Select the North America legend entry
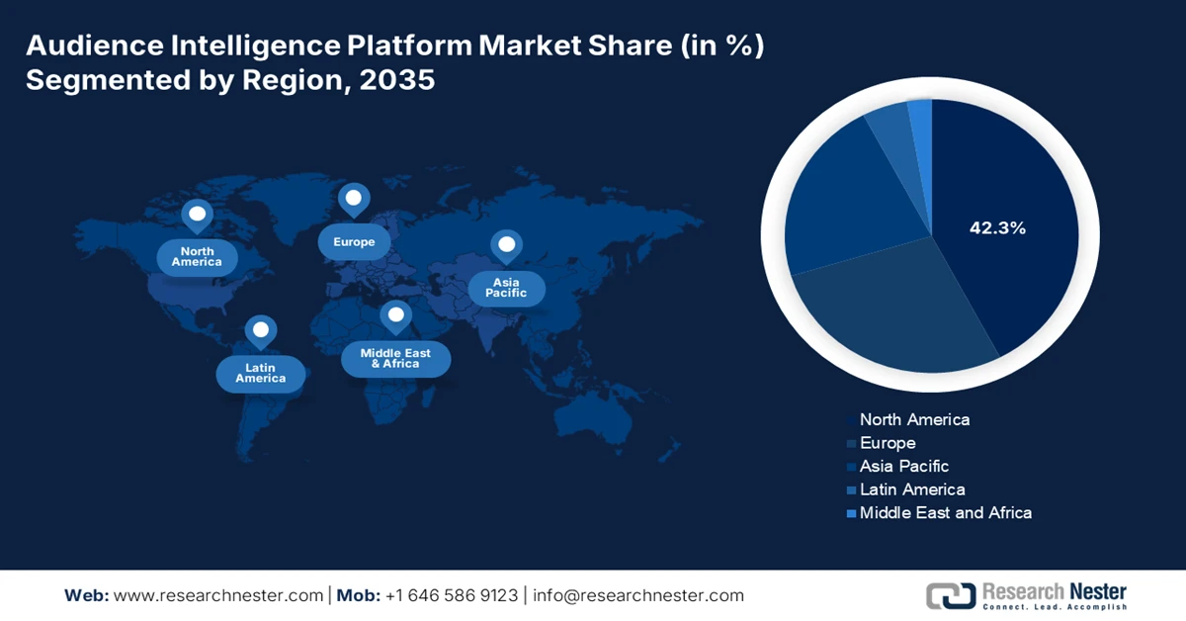point(914,419)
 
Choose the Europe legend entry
point(888,443)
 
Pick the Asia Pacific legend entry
point(904,466)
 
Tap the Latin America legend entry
point(912,489)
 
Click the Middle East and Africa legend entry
point(945,512)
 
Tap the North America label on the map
point(198,257)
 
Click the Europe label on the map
point(354,242)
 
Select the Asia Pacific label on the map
point(506,288)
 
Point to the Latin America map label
point(261,373)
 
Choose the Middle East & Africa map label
point(395,358)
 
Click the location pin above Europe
point(354,199)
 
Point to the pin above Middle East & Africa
point(396,315)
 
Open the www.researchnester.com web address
point(218,595)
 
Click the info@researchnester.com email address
point(637,595)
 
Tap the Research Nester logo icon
point(950,595)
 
